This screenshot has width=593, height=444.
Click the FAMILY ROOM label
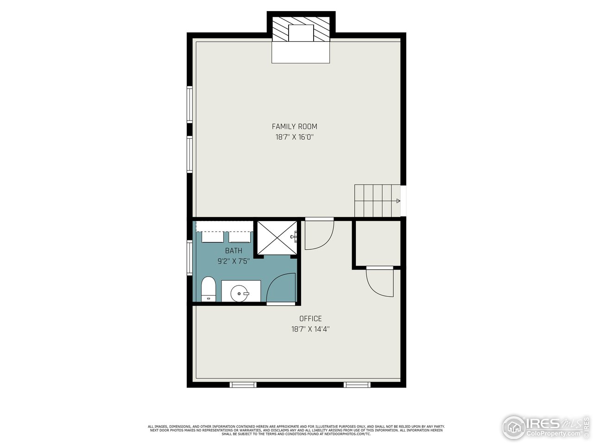click(x=294, y=126)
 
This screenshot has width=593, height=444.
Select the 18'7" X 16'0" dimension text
click(x=294, y=137)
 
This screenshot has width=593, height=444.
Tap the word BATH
click(x=233, y=251)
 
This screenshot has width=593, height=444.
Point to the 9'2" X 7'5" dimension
click(x=233, y=261)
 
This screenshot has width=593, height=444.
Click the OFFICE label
click(x=310, y=319)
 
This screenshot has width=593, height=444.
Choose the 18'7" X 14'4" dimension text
click(x=310, y=329)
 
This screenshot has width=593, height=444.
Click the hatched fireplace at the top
click(x=301, y=29)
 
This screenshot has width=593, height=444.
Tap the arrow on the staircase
click(x=397, y=201)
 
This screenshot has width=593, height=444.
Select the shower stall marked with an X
click(x=277, y=238)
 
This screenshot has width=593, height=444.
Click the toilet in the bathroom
click(x=208, y=289)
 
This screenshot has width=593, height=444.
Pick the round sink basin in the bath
click(x=240, y=292)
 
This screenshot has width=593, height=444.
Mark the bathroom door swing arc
click(x=281, y=289)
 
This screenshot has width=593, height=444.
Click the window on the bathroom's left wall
click(x=189, y=257)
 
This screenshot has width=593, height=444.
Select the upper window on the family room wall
click(x=189, y=105)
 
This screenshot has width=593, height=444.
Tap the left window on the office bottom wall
click(x=243, y=384)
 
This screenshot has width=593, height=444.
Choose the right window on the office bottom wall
click(x=357, y=384)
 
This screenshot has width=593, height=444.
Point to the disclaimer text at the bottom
click(x=296, y=430)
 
